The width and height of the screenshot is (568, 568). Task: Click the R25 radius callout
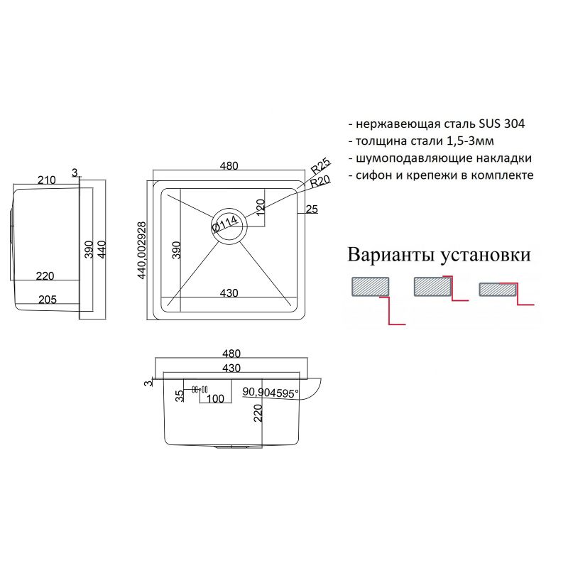321,168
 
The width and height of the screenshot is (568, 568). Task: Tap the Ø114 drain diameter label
225,225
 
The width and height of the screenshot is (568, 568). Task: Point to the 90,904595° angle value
271,392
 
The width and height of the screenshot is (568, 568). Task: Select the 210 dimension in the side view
47,180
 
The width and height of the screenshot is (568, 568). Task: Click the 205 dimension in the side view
47,300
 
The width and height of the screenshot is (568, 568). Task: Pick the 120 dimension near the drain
260,208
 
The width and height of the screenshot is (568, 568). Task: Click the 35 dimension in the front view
180,394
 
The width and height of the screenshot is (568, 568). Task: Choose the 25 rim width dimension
311,209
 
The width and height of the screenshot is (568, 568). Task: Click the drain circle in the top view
228,226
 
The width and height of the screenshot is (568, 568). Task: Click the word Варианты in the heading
391,254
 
